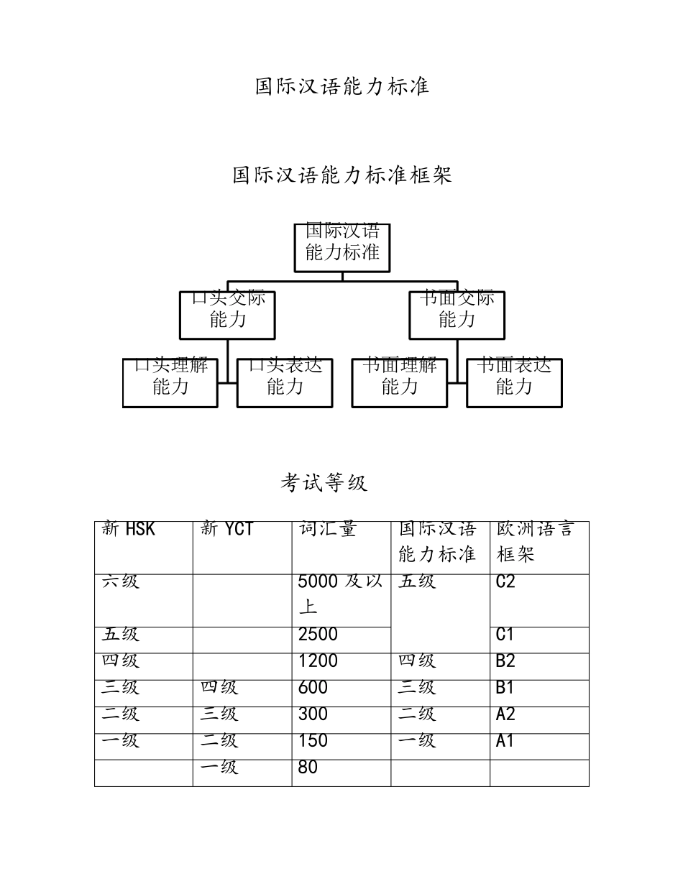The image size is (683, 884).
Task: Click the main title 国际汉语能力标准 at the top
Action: click(342, 87)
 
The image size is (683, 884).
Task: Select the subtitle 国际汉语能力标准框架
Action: click(342, 175)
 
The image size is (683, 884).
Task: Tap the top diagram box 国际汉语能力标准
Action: click(342, 247)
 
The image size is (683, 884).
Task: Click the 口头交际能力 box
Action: click(227, 315)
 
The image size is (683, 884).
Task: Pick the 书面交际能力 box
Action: click(457, 315)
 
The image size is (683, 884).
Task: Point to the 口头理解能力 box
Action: click(170, 382)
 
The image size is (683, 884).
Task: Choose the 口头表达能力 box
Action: click(285, 382)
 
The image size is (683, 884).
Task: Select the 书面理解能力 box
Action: click(399, 382)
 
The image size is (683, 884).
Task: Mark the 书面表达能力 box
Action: click(514, 382)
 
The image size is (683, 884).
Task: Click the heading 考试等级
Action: click(324, 483)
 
